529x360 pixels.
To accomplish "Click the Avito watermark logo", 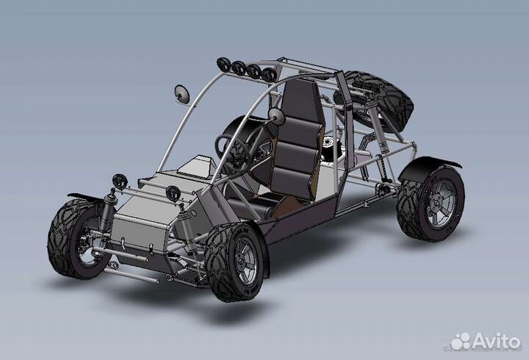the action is (x=485, y=341).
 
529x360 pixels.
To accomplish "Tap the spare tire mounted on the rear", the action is (x=375, y=101).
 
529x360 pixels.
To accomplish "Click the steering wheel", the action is (x=233, y=153).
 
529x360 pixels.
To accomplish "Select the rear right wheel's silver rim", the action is (x=441, y=204).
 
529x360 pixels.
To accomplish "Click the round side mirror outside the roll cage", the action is (x=182, y=94).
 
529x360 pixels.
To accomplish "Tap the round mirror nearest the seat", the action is (x=277, y=116).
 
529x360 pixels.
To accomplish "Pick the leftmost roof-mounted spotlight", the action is (x=223, y=65).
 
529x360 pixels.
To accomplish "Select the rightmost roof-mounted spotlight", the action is (x=269, y=74).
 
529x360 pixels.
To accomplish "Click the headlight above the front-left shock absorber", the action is (x=120, y=181).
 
